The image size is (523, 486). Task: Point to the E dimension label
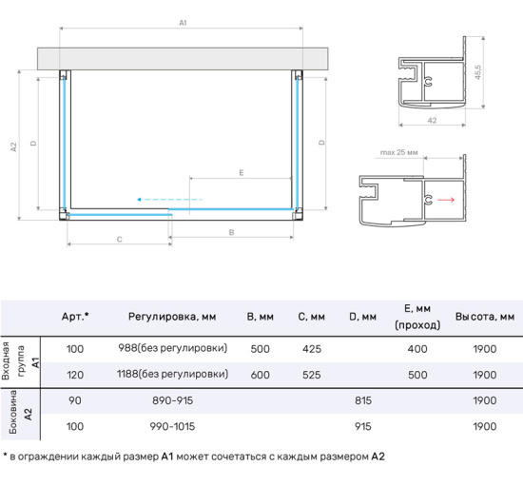(x=242, y=173)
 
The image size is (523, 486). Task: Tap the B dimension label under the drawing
(x=232, y=232)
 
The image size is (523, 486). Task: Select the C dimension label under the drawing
(x=119, y=240)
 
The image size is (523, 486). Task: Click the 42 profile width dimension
(x=431, y=121)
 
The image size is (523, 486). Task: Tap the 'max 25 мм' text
(x=398, y=153)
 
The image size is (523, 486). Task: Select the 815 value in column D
(x=361, y=402)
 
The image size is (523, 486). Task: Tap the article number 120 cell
(x=75, y=375)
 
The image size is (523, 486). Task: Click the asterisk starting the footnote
(x=6, y=457)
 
